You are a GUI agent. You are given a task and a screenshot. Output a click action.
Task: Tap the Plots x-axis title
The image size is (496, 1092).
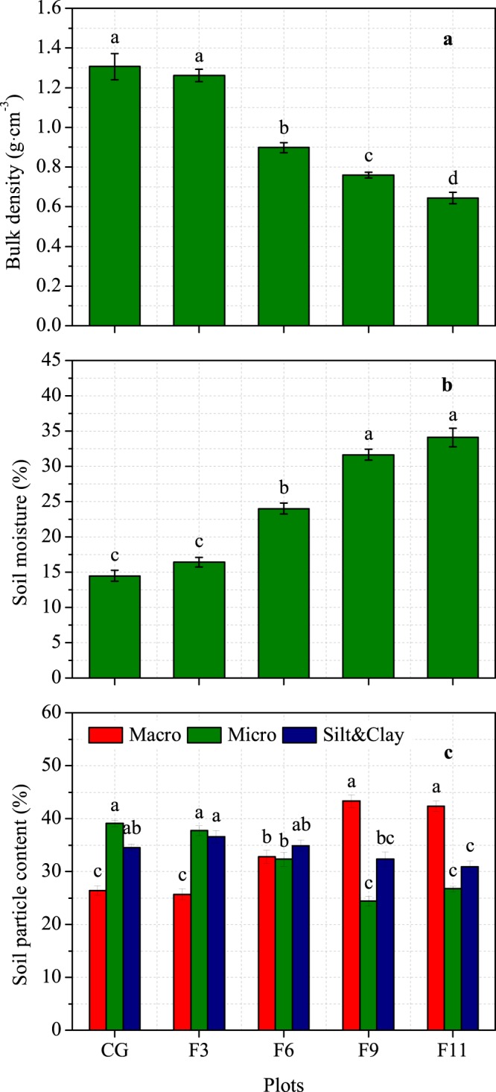pos(284,1081)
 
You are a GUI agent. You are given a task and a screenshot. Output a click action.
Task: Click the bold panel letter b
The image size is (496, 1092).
pos(448,386)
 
